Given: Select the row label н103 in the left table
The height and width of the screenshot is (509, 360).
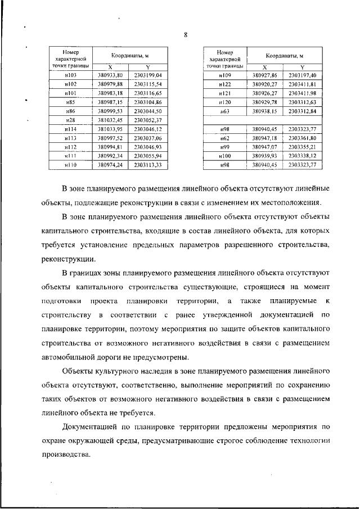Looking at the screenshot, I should (70, 75).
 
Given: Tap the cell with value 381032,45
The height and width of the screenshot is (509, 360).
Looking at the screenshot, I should (110, 120).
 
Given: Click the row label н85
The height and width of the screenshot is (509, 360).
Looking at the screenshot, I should (70, 102).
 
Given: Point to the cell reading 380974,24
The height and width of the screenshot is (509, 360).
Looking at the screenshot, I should (110, 165).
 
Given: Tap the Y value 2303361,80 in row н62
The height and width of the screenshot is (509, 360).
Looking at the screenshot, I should (304, 138).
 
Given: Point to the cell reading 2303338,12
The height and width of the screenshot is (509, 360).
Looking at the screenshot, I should (304, 156).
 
